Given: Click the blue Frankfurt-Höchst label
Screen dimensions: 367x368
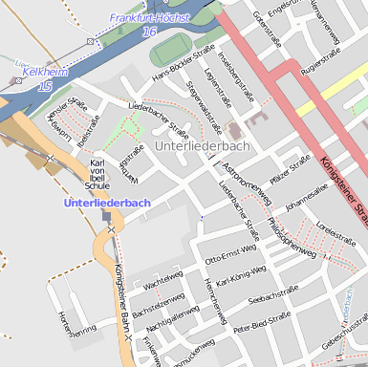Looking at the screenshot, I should [x=149, y=18].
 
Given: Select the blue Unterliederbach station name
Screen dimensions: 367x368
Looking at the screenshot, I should [x=107, y=204].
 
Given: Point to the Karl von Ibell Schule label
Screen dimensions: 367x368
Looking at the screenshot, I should [x=97, y=175].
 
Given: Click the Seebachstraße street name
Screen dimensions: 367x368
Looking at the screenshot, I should [x=273, y=298].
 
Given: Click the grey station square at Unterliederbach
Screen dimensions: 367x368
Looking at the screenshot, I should [x=106, y=217].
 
